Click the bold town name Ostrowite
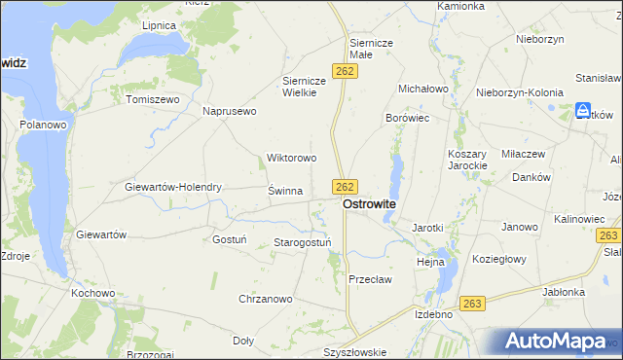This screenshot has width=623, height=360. coord(369,205)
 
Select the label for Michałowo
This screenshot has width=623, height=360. coord(421,89)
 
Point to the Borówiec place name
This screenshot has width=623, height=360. coord(408,117)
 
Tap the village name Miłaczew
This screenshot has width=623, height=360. coord(526,154)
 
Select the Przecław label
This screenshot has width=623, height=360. coord(370,279)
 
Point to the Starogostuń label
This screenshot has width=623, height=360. coord(303,242)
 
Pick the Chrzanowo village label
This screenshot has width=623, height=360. coord(266,299)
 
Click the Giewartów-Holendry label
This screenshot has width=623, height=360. coord(174,187)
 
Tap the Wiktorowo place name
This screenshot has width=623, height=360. coord(292,158)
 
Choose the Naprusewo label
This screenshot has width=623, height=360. coord(229,112)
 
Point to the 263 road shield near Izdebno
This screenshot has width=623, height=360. coord(473,304)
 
